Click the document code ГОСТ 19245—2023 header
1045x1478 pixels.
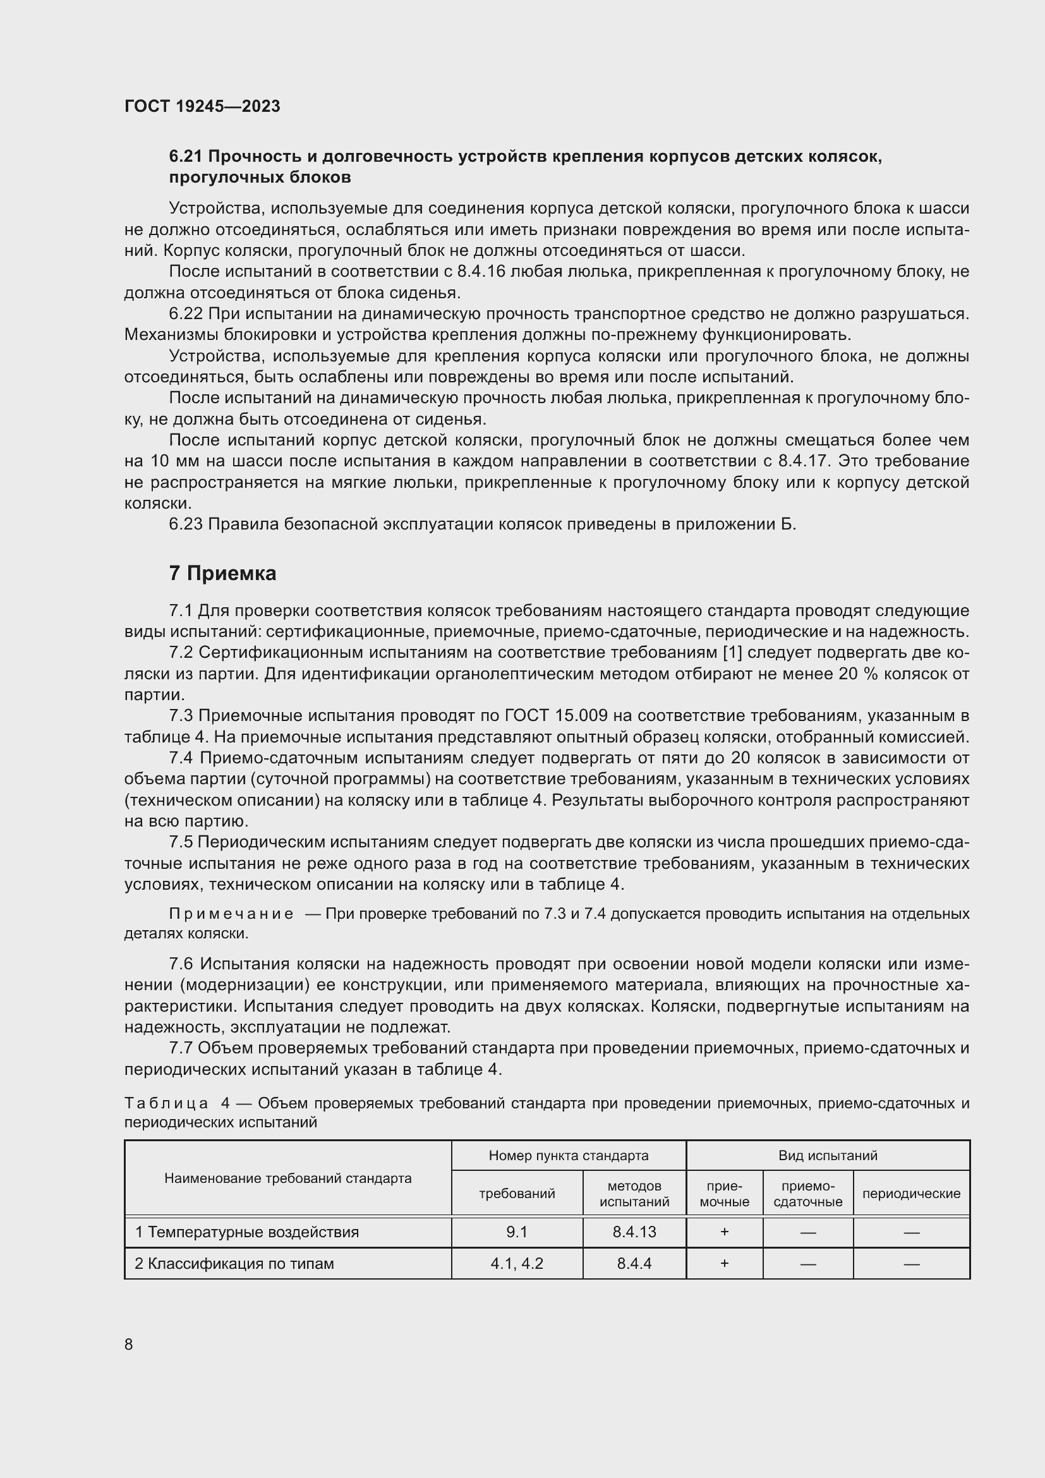(202, 106)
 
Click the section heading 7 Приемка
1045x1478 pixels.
(222, 573)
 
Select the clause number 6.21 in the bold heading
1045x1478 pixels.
(186, 157)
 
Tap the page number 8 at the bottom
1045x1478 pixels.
(129, 1344)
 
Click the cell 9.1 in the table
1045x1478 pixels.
(517, 1232)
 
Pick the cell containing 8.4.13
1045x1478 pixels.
(634, 1232)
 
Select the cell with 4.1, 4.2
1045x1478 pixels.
(517, 1263)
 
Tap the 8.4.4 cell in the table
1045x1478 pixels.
(634, 1263)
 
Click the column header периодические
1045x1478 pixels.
(910, 1194)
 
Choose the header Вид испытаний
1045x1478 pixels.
(828, 1156)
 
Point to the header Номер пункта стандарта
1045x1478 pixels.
(568, 1156)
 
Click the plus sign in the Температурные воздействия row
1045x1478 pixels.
(724, 1232)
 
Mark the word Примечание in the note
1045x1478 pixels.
(231, 914)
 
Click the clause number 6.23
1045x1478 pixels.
(186, 524)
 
